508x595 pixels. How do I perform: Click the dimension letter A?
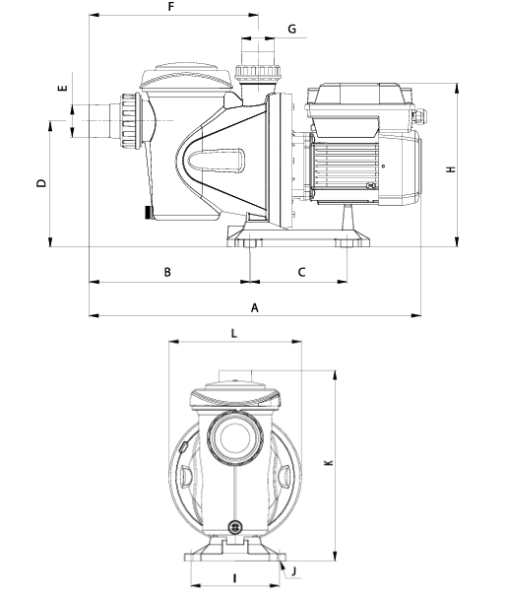tap(255, 307)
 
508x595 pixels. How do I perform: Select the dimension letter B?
tap(167, 272)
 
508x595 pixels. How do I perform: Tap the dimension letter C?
tap(302, 272)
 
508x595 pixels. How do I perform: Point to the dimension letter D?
tap(41, 183)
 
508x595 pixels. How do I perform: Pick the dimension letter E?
tap(63, 88)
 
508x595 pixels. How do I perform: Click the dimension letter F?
tap(171, 7)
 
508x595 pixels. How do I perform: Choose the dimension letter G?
tap(292, 29)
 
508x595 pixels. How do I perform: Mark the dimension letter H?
tap(451, 168)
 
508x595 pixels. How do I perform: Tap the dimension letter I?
tap(235, 578)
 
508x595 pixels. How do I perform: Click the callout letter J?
tap(294, 571)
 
